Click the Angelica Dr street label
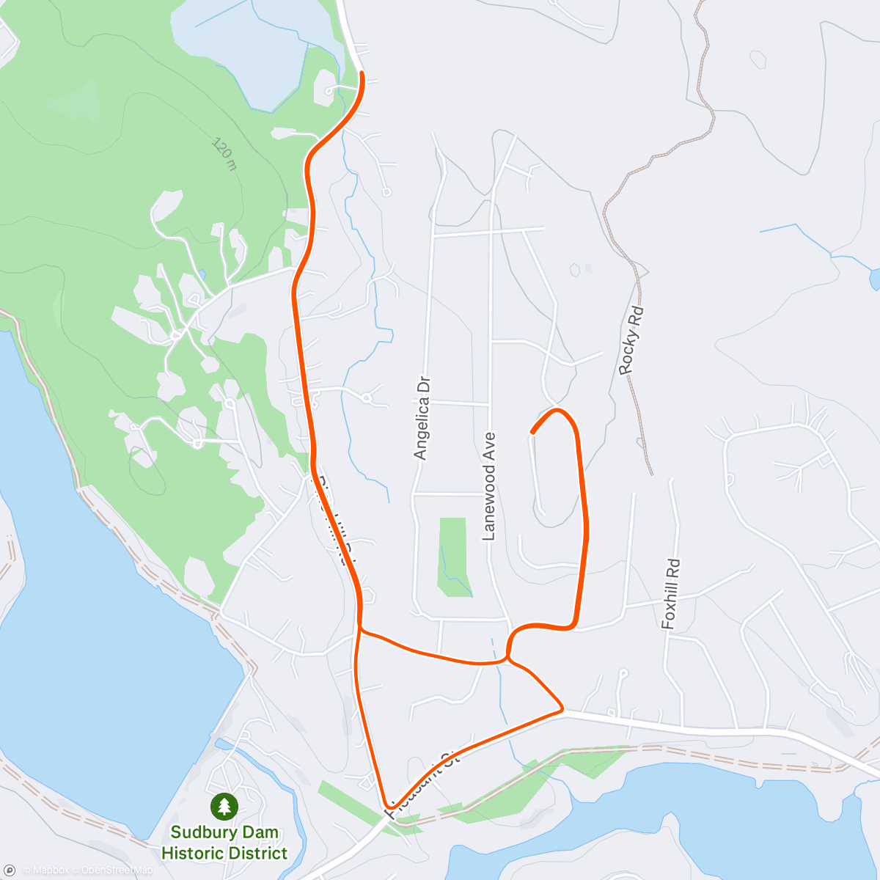click(x=421, y=418)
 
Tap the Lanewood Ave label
click(x=489, y=486)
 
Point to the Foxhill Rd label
click(x=671, y=594)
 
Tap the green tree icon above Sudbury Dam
click(x=224, y=807)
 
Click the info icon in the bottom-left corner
click(x=10, y=870)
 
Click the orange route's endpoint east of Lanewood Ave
click(x=532, y=433)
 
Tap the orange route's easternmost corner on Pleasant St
click(x=562, y=709)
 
